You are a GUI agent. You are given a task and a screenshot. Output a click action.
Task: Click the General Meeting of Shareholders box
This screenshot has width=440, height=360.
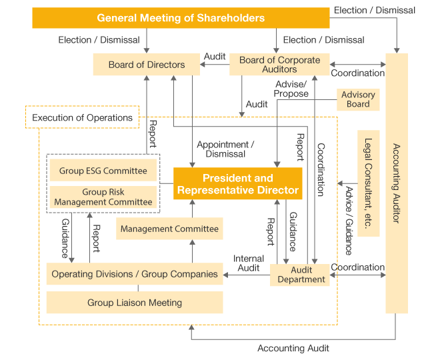[x=181, y=18]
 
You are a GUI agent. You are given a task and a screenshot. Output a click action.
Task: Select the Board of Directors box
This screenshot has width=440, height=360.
[x=147, y=65]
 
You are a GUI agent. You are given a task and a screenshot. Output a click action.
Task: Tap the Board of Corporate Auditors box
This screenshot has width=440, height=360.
[x=279, y=65]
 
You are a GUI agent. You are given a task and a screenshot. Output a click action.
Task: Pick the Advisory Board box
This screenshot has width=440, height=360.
[x=358, y=99]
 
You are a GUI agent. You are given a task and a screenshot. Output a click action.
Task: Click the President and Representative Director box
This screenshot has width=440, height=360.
[x=238, y=184]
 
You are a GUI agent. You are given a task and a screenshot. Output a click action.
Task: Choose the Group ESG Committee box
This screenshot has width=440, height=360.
[x=103, y=171]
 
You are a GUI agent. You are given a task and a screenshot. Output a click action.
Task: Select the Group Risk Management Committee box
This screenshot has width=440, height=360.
[x=103, y=197]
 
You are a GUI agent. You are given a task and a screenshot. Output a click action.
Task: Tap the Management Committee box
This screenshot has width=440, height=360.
[x=169, y=229]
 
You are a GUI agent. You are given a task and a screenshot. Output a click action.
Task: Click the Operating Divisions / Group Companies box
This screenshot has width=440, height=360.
[x=135, y=274]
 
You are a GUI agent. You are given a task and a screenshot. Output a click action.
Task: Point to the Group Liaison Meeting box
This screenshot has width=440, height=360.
[x=135, y=303]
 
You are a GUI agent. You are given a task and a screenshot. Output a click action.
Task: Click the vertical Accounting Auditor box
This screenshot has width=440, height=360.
[x=397, y=183]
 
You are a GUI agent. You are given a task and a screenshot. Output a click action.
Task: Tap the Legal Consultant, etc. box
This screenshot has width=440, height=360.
[x=368, y=183]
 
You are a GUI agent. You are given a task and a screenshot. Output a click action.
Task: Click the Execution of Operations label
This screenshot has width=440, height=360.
[x=83, y=118]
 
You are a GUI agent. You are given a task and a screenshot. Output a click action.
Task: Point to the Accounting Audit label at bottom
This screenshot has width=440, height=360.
[x=293, y=349]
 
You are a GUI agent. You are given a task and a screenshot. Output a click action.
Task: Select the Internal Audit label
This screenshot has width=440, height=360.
[x=248, y=263]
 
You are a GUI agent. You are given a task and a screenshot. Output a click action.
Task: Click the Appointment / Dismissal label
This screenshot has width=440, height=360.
[x=225, y=149]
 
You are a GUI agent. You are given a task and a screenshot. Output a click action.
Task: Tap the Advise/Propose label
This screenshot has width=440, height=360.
[x=291, y=89]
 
